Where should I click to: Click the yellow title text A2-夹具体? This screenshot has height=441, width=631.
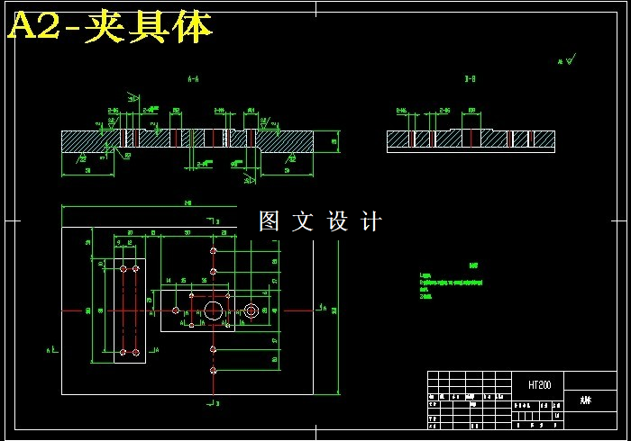(x=110, y=28)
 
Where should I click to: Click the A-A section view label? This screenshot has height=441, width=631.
(x=193, y=80)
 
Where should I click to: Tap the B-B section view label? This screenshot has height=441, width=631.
(x=470, y=80)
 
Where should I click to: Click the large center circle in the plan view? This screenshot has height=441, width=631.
(x=215, y=310)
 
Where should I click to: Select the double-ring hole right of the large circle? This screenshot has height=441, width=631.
(x=251, y=310)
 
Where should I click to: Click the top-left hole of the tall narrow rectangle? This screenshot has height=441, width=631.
(x=123, y=268)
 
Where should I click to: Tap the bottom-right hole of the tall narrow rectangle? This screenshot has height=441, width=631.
(x=136, y=352)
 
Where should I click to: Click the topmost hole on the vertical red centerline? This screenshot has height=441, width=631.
(x=214, y=250)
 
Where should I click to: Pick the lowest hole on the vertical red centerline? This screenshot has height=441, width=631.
(x=214, y=370)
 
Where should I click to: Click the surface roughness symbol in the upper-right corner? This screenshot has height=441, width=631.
(x=567, y=60)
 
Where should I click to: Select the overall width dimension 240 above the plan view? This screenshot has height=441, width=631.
(x=187, y=203)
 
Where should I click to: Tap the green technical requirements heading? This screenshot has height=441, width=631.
(x=472, y=265)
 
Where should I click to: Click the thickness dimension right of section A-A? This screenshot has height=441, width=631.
(x=334, y=140)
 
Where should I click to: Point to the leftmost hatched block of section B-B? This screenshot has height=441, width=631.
(x=398, y=139)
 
